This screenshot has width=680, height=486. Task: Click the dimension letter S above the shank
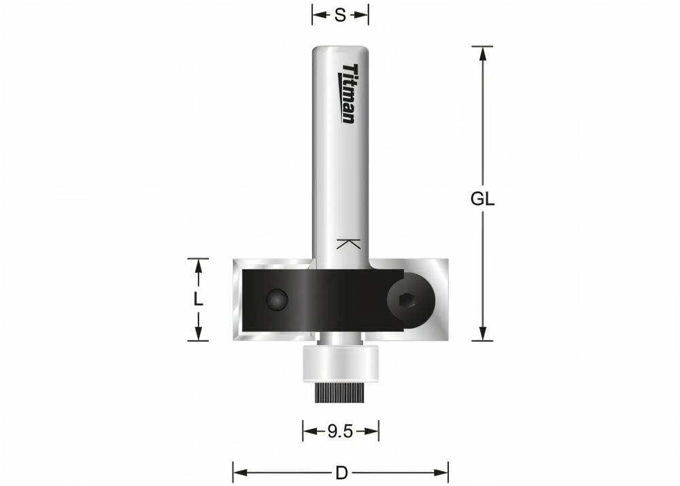(340, 14)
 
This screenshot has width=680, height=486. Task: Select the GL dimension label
(483, 199)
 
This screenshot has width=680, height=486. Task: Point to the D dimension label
(340, 472)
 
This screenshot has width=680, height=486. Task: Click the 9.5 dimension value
(340, 431)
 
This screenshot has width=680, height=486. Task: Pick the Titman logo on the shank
(348, 93)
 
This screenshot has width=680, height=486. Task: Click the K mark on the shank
(347, 244)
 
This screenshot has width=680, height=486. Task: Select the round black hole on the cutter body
(277, 299)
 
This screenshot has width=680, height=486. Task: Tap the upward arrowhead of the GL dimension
(483, 52)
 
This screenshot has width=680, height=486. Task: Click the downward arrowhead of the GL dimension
(483, 334)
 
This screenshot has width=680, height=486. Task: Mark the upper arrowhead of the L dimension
(198, 265)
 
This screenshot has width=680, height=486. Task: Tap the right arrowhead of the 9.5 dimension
(373, 431)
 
